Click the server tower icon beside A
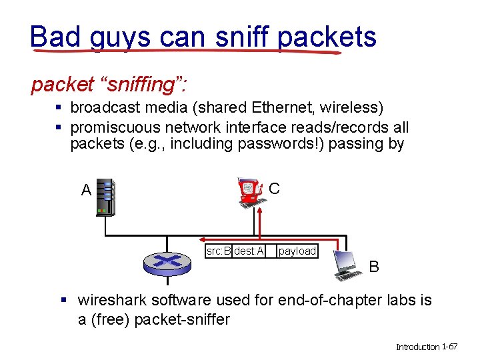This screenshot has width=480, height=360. coord(105,197)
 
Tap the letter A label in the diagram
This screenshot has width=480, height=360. coord(86,190)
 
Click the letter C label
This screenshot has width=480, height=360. coord(275,189)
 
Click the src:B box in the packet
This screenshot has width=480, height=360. coord(219,251)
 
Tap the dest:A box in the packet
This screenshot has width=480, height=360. coord(249,251)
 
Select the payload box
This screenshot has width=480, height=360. coord(297,251)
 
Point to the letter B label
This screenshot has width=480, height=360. coord(375,267)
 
